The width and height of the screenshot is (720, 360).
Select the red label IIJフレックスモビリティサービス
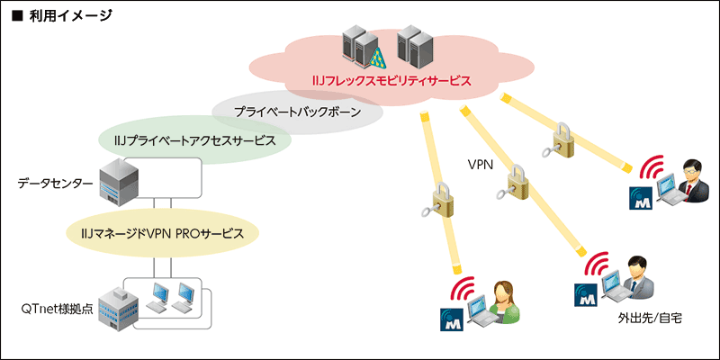point(386,81)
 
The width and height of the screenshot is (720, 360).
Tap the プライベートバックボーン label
point(296,113)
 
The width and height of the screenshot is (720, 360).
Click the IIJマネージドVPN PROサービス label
point(162,233)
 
